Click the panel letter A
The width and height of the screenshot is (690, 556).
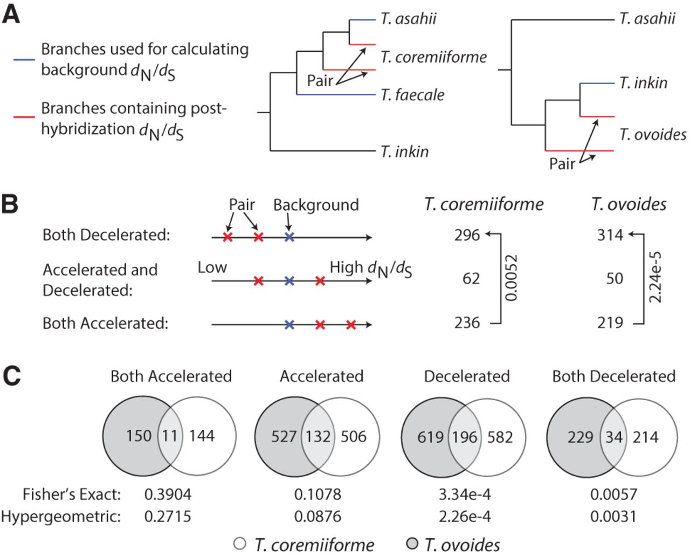11,15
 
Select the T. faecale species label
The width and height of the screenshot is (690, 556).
412,95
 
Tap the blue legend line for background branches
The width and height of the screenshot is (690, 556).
24,60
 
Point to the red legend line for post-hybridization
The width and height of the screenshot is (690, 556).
24,117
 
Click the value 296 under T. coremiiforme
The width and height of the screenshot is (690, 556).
467,235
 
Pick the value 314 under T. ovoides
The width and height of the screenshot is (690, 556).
610,235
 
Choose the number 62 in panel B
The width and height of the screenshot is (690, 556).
471,278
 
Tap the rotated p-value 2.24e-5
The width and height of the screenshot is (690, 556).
655,278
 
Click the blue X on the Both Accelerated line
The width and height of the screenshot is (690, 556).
289,325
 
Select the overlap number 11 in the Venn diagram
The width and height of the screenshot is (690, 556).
170,436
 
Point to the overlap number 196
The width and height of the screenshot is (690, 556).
464,437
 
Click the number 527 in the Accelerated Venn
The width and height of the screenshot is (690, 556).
284,437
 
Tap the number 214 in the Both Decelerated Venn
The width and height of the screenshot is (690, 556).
645,437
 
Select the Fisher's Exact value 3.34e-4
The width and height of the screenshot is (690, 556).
465,494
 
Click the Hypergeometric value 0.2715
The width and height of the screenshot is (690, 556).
168,516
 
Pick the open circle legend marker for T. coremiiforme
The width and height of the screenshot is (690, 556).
240,544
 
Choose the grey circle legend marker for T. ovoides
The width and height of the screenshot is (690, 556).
412,544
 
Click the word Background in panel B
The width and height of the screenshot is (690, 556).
316,205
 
